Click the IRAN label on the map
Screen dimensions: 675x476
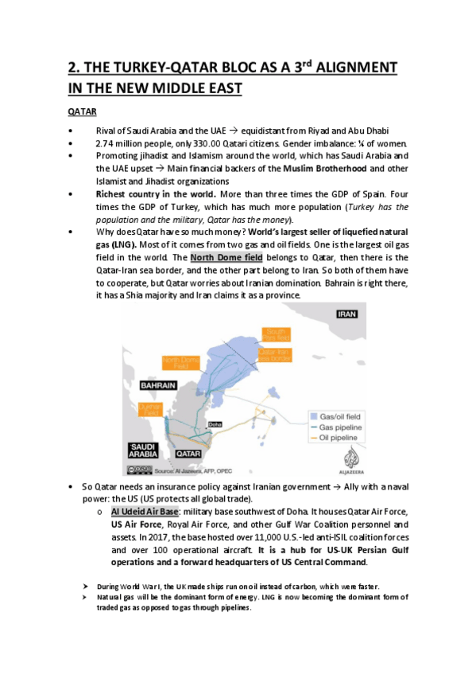346,314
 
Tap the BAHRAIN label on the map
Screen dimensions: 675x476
157,384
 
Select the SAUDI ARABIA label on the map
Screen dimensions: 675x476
140,449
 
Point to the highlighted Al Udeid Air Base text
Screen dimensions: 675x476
145,512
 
